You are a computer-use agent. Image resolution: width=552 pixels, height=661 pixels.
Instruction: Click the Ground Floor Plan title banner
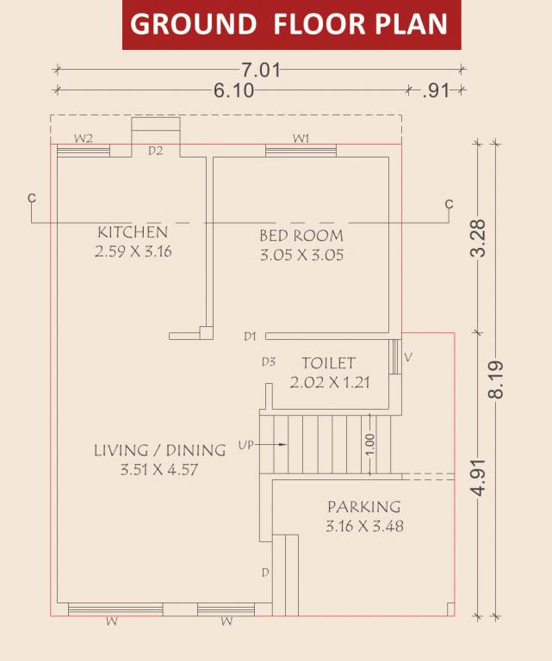tap(291, 25)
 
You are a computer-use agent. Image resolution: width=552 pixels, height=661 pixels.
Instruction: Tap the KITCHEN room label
tap(132, 232)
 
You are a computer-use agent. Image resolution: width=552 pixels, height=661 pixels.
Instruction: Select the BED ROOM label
tap(301, 235)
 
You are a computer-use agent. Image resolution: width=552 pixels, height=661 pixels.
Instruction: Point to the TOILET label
tap(328, 364)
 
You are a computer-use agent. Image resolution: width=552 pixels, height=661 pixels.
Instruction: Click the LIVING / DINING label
tap(159, 450)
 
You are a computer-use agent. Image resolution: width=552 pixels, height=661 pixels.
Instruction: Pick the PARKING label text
tap(363, 507)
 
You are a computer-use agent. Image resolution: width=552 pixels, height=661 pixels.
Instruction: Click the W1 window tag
tap(301, 138)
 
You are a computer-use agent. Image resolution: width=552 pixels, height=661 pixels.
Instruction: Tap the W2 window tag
tap(83, 138)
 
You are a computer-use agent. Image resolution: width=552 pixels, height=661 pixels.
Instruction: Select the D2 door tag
tap(155, 151)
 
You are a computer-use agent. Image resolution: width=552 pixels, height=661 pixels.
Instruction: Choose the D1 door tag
tap(251, 336)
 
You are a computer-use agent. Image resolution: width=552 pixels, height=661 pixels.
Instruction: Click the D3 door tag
tap(269, 362)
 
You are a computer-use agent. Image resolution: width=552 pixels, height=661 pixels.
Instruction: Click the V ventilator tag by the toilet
tap(408, 355)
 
